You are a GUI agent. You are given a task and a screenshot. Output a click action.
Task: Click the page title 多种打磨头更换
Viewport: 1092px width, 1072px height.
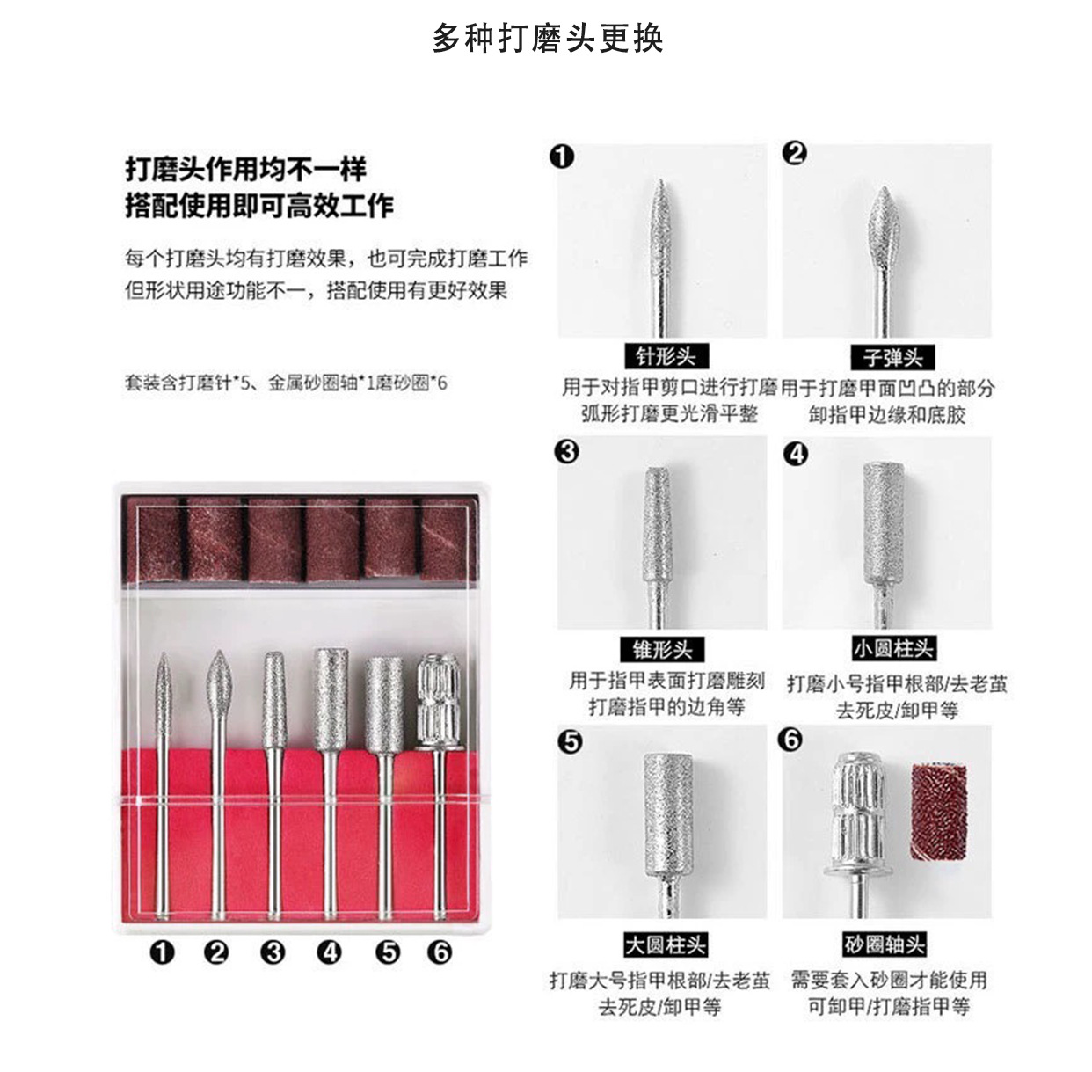548,39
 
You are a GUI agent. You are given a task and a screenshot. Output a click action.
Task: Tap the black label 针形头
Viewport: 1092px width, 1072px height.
666,356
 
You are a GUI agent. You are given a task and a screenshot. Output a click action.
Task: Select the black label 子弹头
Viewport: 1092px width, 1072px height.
892,357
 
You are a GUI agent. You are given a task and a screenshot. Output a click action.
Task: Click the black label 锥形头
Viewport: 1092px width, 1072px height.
662,649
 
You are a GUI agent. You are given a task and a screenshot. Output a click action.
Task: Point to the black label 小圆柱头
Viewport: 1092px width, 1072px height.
893,648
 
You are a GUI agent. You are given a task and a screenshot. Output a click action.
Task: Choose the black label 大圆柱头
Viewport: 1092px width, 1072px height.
666,944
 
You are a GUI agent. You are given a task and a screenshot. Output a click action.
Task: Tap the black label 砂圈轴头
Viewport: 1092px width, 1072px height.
885,944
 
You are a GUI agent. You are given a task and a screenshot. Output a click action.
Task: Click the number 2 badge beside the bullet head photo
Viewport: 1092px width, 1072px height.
795,154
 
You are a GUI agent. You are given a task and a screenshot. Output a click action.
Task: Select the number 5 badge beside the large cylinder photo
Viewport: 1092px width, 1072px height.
570,742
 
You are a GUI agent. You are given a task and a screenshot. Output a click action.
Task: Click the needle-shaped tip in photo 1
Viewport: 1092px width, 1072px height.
659,224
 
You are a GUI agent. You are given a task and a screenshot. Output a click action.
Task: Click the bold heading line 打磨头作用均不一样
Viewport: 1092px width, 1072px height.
246,169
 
